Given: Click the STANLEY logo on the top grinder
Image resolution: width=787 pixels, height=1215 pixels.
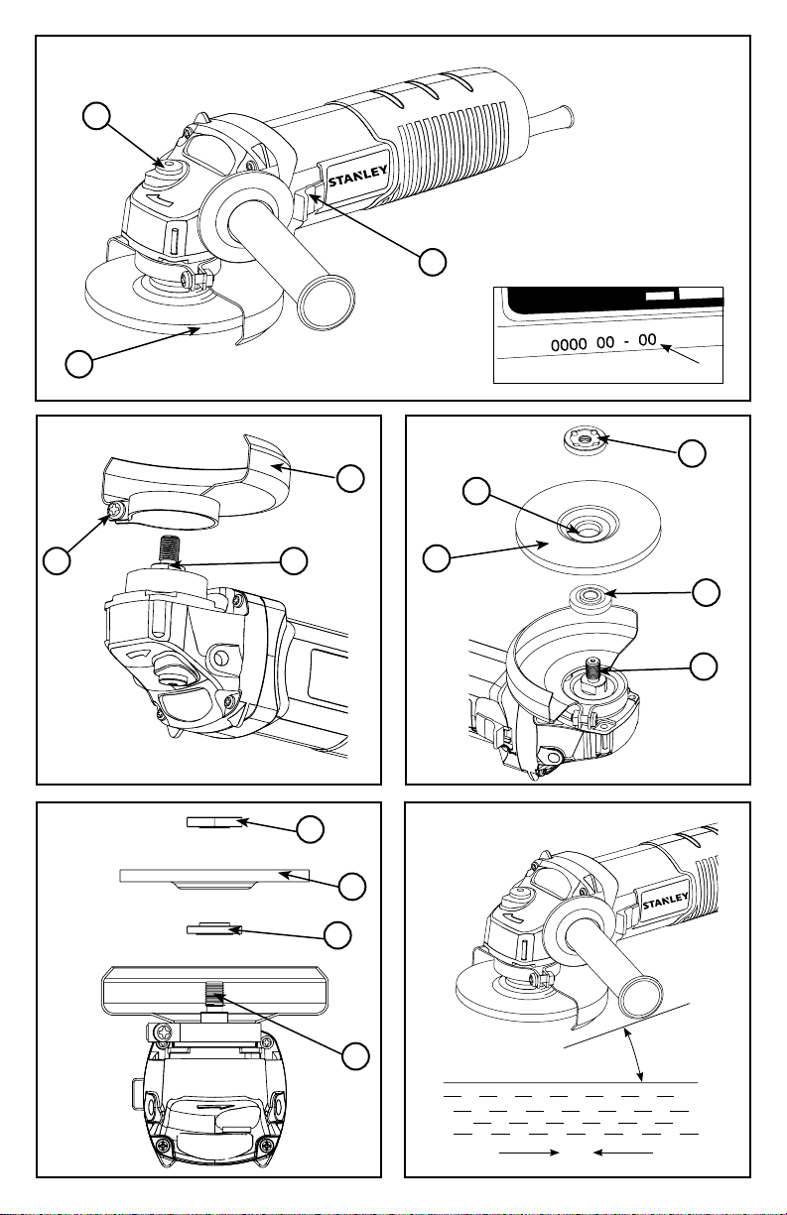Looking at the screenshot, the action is [x=357, y=176].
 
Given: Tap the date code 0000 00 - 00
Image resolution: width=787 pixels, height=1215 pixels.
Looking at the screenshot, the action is [x=603, y=343].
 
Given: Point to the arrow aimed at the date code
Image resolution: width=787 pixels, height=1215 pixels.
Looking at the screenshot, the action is [x=680, y=354].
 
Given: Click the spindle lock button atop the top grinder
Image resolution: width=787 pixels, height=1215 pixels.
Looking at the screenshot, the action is [x=170, y=167].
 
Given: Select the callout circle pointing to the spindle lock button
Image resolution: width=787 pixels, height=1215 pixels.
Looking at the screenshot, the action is [x=96, y=117].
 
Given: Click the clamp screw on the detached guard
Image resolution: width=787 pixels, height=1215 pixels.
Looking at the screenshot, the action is [x=117, y=509].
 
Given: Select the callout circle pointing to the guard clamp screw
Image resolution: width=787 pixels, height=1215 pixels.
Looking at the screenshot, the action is [x=57, y=560].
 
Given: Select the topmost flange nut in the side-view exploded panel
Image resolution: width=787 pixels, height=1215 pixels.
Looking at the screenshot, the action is [x=213, y=823].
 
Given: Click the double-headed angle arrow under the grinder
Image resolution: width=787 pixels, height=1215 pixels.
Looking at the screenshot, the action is [x=634, y=1054].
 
